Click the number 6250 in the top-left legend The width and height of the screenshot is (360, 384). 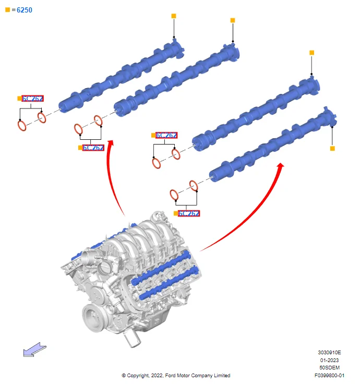(x=25, y=10)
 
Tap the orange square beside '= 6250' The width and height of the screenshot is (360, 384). (x=7, y=10)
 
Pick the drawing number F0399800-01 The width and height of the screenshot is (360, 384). (x=330, y=375)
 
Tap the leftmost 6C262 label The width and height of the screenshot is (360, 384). (x=32, y=98)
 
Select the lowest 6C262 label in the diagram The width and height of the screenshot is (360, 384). (x=189, y=213)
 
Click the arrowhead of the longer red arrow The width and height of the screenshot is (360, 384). (x=281, y=166)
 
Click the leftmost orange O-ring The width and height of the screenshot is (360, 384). (x=22, y=126)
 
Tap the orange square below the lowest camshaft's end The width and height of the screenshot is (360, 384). (x=332, y=149)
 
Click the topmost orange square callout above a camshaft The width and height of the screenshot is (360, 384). (x=174, y=16)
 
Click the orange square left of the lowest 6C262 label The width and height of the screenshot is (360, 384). (x=176, y=213)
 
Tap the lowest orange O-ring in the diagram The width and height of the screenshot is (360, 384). (x=174, y=195)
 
